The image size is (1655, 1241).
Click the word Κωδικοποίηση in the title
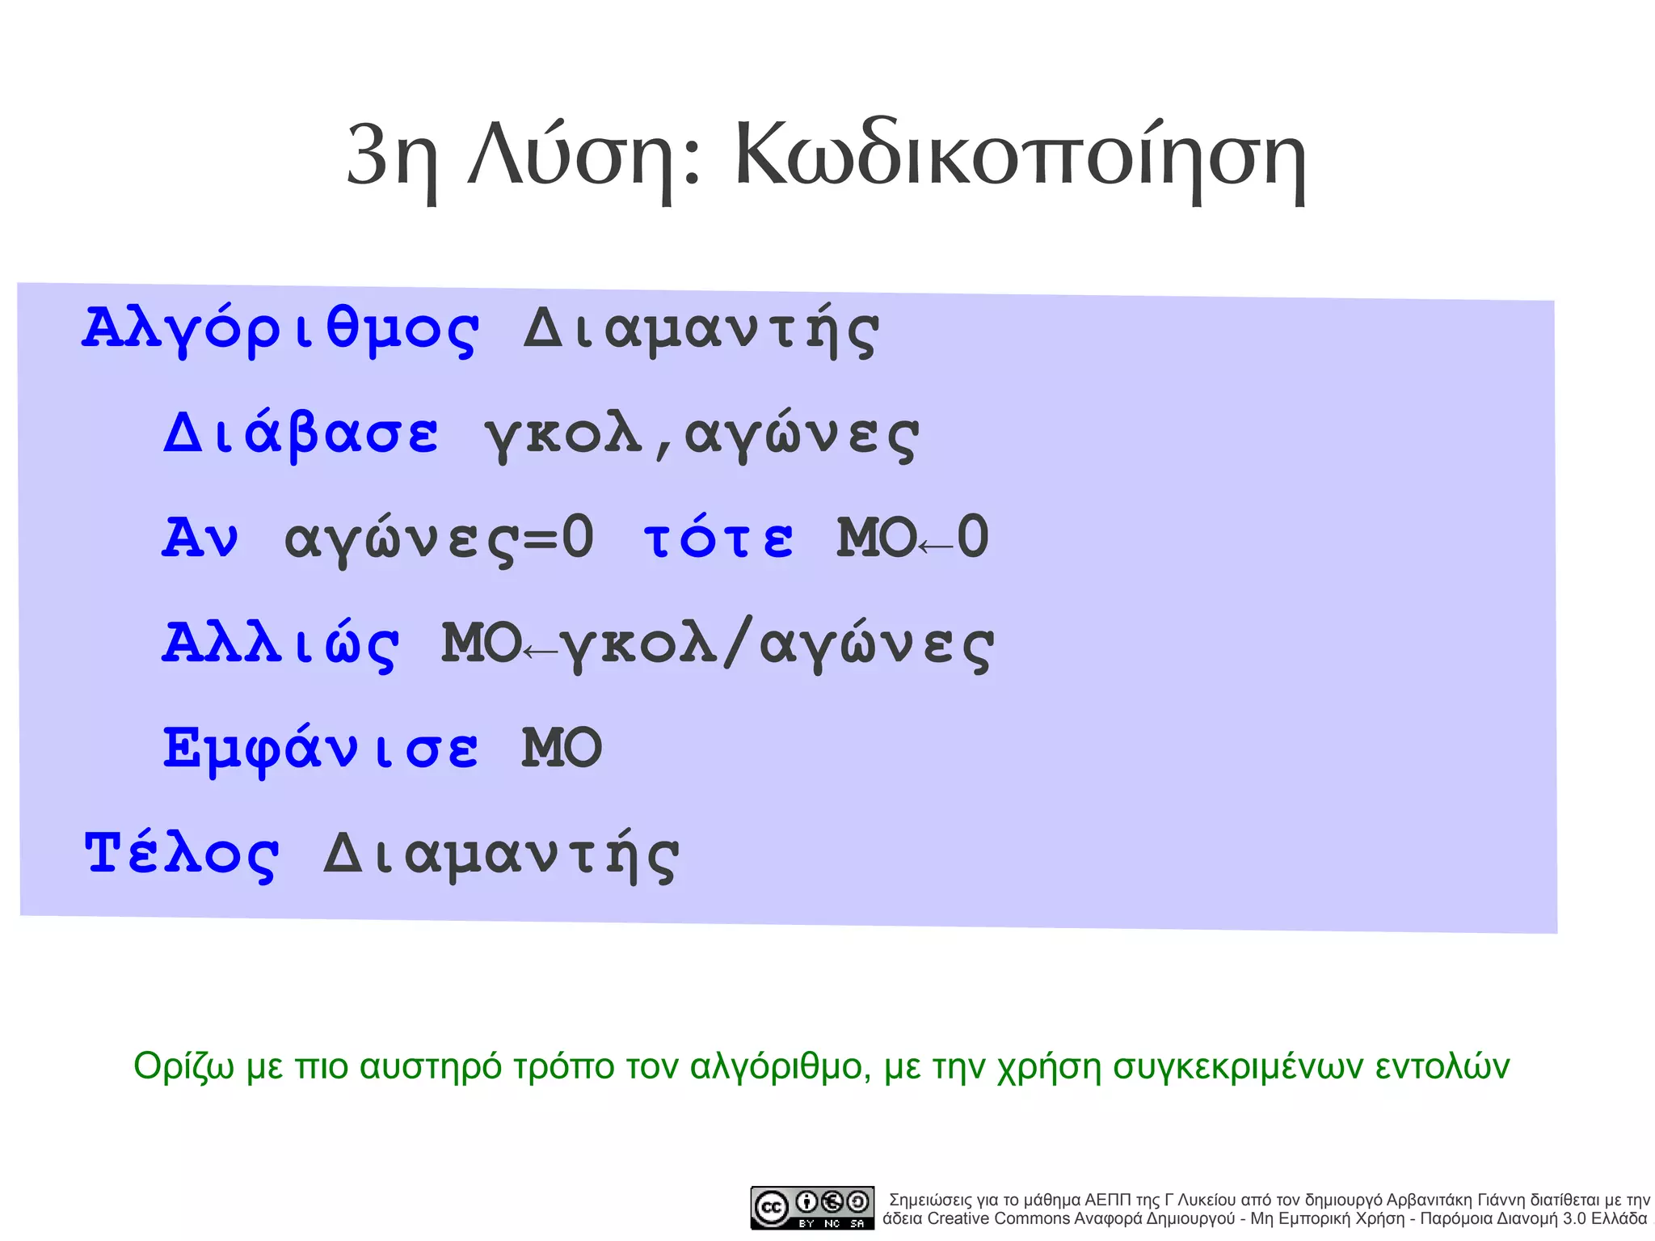[1020, 155]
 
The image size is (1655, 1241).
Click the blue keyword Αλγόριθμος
[280, 330]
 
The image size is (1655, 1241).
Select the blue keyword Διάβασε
[301, 434]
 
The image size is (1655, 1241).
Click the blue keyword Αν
[200, 538]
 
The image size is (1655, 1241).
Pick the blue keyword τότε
[718, 538]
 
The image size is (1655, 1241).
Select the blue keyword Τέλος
[182, 854]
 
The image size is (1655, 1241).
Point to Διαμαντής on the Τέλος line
[501, 855]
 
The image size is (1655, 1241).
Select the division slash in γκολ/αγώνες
[738, 643]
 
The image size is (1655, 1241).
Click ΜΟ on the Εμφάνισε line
[562, 748]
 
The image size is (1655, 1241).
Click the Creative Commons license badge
[812, 1208]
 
